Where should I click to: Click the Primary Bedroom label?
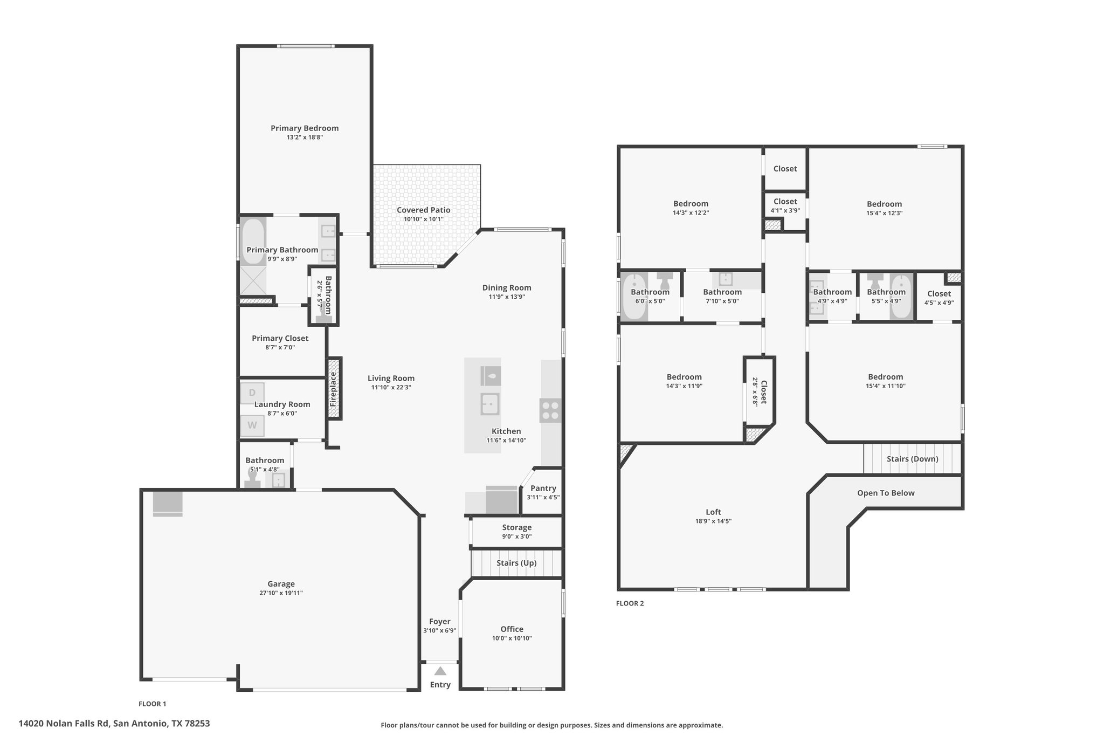pos(305,128)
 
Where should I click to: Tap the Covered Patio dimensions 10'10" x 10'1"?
pos(424,219)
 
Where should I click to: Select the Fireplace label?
pos(333,389)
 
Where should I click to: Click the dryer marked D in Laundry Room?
pos(252,393)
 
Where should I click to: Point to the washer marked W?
pos(252,425)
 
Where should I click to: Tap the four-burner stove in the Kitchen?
pos(550,410)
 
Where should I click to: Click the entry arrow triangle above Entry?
pos(440,671)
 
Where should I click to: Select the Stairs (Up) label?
pos(516,563)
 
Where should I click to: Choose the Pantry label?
pos(543,488)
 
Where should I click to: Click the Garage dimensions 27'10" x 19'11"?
pos(281,593)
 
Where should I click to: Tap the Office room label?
pos(512,629)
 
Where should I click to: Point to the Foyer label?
pos(440,622)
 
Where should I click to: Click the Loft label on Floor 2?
pos(713,512)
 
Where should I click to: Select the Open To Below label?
pos(886,493)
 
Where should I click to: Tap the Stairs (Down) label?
pos(913,459)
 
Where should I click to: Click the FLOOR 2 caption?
pos(630,603)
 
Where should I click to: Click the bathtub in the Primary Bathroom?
pos(253,241)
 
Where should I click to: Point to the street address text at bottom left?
pos(114,724)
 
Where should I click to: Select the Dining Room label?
pos(507,288)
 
